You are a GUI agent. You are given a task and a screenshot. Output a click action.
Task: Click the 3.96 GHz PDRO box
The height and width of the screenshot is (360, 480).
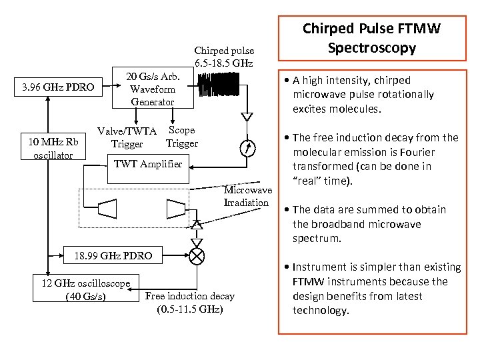[x=58, y=87]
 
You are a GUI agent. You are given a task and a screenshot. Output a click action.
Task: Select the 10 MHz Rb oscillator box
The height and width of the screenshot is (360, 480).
[x=53, y=146]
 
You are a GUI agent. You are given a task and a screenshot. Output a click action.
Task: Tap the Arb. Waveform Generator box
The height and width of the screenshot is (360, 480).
[x=153, y=87]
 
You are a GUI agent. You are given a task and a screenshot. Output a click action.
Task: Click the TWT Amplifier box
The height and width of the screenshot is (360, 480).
[x=148, y=169]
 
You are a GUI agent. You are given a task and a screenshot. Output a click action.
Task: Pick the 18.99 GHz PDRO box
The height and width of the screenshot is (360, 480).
[x=113, y=255]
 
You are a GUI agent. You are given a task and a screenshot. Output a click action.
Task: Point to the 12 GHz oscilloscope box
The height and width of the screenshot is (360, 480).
[x=86, y=288]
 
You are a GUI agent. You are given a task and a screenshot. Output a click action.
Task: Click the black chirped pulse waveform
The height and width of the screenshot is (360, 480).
[x=219, y=85]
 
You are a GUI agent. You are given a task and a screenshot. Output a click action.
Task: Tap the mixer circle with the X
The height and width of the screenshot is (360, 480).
[x=197, y=256]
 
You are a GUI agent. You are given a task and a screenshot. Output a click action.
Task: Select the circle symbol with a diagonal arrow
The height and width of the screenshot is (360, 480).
[x=247, y=148]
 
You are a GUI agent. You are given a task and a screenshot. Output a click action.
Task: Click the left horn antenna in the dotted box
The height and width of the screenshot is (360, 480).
[x=107, y=209]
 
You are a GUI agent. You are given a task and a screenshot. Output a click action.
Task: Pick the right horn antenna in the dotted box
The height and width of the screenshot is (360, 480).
[x=176, y=209]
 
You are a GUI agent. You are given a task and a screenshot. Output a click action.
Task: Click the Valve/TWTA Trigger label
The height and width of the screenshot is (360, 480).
[x=127, y=137]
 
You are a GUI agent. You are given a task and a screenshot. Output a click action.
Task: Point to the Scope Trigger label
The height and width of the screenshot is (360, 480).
[x=182, y=137]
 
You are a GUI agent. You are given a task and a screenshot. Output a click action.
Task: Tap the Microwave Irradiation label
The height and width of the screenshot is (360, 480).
[x=247, y=196]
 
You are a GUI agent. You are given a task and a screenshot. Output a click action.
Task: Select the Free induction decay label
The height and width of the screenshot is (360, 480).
[x=190, y=296]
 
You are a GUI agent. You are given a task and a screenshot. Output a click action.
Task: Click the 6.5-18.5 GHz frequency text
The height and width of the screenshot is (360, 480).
[x=224, y=63]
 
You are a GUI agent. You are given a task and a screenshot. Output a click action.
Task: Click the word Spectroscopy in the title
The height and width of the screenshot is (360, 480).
[x=372, y=49]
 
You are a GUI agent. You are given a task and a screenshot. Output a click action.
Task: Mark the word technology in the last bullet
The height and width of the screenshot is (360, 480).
[x=321, y=311]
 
